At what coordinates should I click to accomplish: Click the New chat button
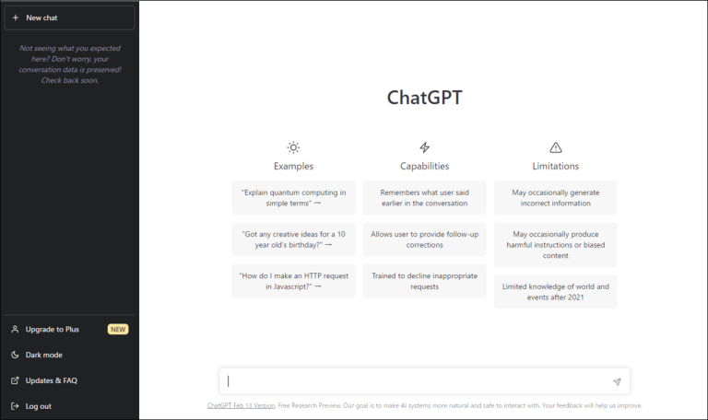69,17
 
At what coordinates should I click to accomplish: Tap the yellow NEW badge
118,329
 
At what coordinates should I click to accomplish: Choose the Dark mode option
44,355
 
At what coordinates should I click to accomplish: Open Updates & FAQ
51,380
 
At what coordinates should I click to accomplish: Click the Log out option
38,406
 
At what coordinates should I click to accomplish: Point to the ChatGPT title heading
424,98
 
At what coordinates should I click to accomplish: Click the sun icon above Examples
293,147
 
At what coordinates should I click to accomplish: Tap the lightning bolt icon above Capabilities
424,147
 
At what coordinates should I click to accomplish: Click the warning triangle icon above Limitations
555,147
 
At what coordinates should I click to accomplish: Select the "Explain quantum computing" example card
293,198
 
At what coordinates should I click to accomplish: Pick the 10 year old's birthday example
293,239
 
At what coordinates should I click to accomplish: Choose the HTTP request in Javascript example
293,281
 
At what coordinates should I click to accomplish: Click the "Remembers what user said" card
424,198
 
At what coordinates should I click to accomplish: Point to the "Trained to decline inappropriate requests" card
424,281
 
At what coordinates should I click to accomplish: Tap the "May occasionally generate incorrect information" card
555,198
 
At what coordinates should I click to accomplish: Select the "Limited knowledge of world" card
555,292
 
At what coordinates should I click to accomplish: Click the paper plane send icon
617,381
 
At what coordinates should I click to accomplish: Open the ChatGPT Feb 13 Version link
241,405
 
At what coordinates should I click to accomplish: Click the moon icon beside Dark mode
15,355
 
